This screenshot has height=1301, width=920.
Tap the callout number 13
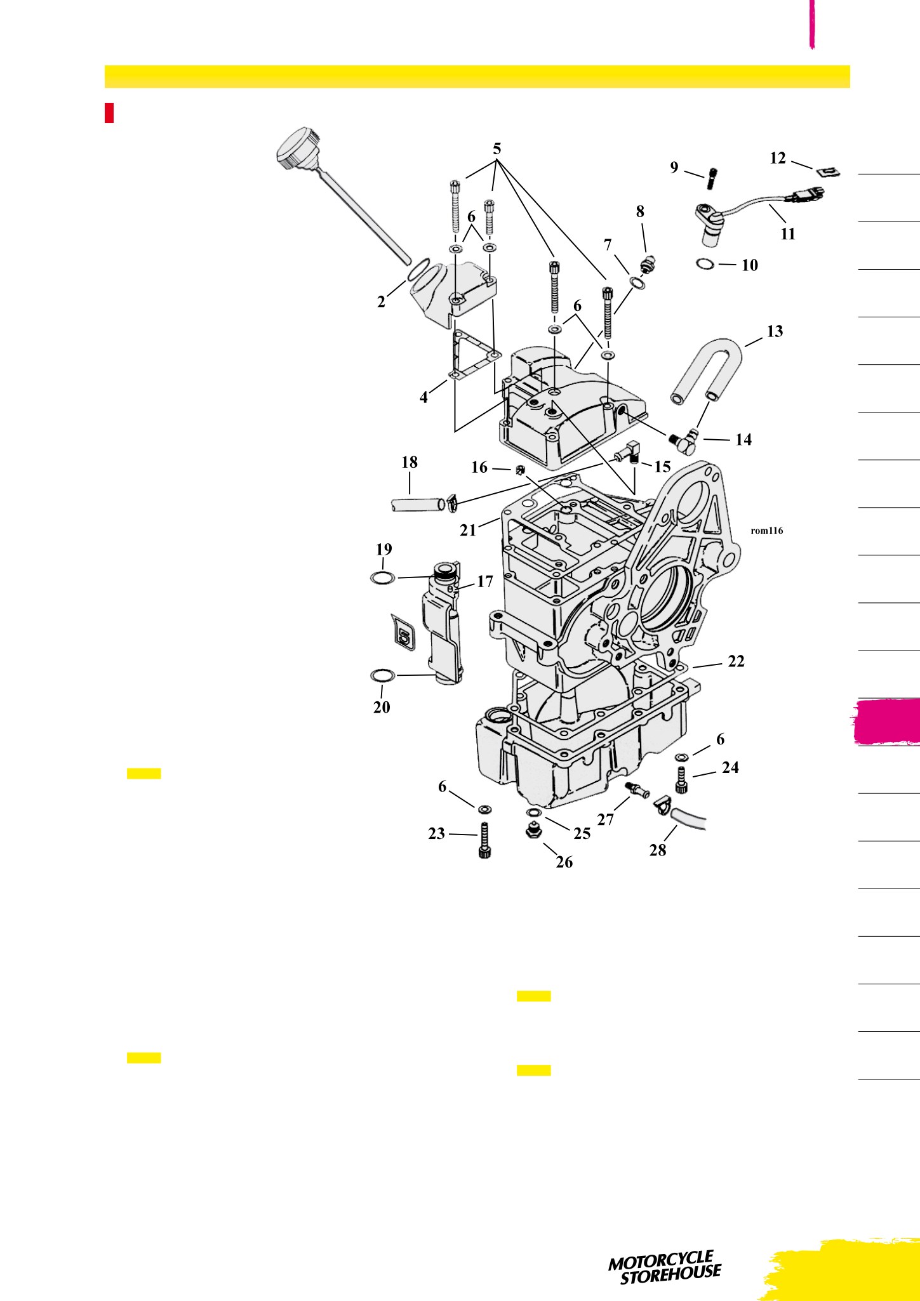tap(775, 331)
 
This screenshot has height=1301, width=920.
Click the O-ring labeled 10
tap(705, 263)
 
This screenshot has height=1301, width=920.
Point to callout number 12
tap(778, 158)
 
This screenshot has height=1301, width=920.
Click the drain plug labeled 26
tap(533, 829)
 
